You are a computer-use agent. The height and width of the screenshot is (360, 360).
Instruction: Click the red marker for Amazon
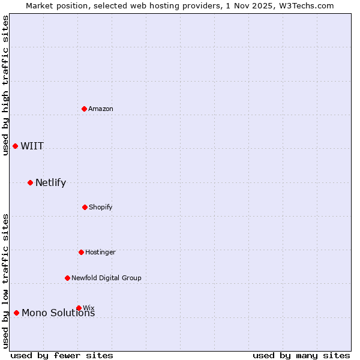84,109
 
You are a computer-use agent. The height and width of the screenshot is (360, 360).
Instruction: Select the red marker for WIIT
16,146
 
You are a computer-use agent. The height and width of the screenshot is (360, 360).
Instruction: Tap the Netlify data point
30,182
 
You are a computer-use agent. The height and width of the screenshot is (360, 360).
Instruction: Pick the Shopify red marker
85,207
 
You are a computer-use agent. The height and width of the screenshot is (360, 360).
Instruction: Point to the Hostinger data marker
81,252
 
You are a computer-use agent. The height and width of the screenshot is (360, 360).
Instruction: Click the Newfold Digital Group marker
67,278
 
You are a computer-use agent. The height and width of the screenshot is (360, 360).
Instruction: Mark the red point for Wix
79,308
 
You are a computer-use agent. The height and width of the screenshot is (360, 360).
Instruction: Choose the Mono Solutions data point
16,313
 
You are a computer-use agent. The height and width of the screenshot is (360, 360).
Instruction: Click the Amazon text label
101,109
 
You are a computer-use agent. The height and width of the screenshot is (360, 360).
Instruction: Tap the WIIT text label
32,146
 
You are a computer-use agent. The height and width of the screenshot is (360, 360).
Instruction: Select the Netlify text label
50,182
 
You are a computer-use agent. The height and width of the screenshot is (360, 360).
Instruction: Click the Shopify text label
100,207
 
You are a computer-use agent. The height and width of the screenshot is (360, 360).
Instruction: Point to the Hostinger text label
100,252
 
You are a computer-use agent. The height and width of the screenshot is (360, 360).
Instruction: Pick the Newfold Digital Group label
106,278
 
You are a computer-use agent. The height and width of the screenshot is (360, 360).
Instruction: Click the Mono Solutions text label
58,313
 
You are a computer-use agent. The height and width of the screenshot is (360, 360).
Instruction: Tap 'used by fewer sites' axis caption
62,355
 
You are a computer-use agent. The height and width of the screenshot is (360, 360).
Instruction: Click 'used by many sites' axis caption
301,355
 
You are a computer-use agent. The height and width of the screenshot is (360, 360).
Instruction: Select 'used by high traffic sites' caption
5,85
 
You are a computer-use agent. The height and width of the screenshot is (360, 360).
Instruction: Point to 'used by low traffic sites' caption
5,281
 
